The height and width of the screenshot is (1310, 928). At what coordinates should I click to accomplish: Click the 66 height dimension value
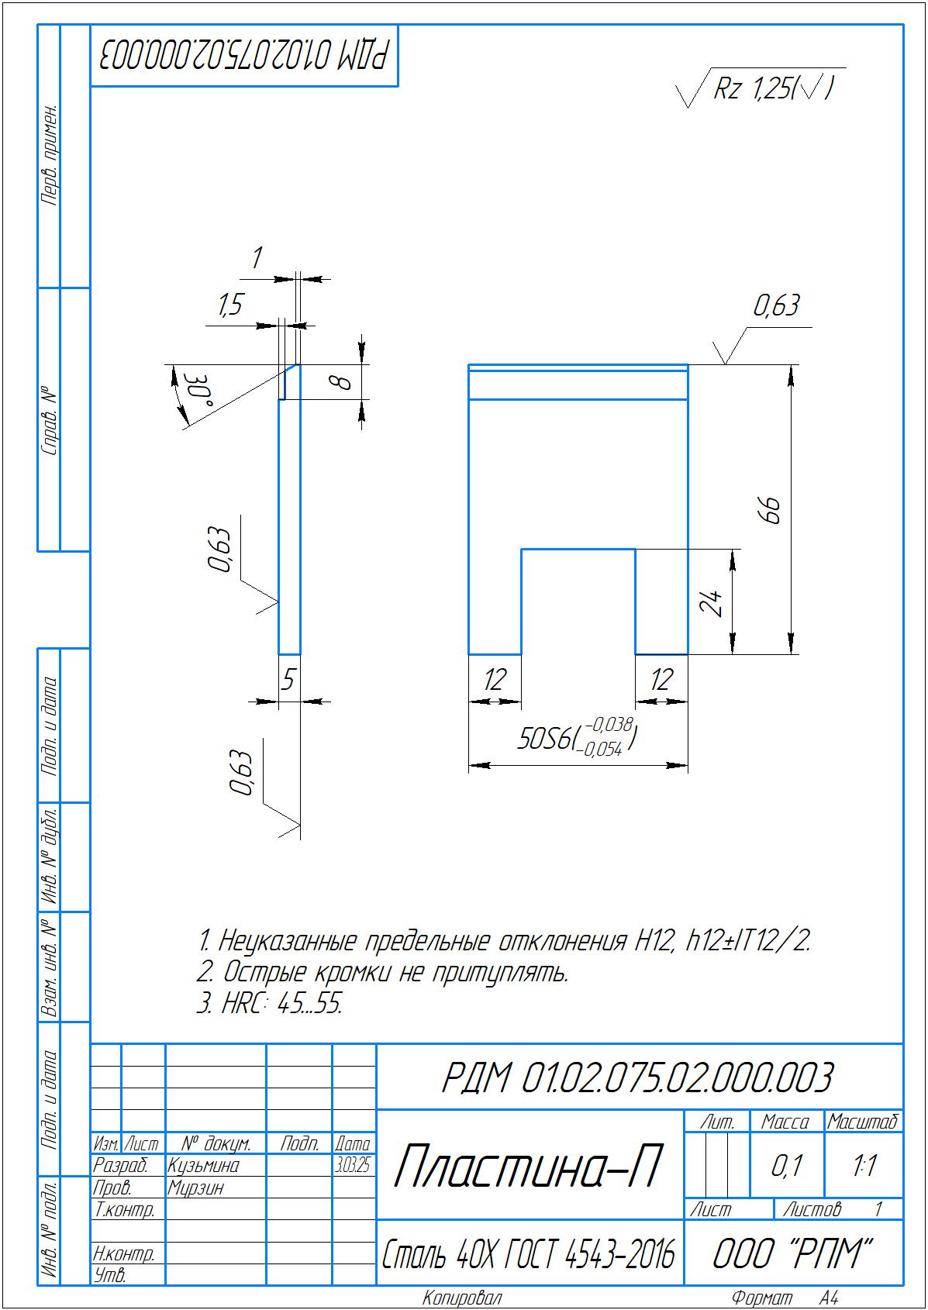(x=772, y=510)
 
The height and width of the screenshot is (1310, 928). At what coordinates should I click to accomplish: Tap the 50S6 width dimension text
(x=577, y=738)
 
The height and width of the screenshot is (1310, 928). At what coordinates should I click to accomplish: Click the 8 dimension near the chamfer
(x=341, y=382)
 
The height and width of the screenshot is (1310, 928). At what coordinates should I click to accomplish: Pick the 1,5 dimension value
(x=230, y=305)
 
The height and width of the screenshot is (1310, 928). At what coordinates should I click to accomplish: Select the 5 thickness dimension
(x=288, y=680)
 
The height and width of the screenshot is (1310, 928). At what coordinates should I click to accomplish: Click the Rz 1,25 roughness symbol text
(x=772, y=89)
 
